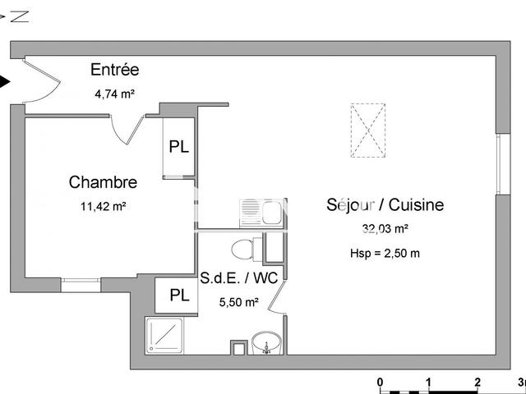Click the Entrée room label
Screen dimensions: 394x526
point(114,71)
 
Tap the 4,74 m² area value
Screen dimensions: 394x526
point(114,94)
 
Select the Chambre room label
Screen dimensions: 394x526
point(103,182)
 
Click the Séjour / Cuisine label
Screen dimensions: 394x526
point(385,205)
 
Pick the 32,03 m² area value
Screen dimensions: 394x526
point(385,230)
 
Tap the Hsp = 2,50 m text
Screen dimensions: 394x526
point(385,253)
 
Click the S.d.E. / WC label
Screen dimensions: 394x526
point(239,278)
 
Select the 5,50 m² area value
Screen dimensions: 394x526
point(239,302)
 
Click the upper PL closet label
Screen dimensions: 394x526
point(178,148)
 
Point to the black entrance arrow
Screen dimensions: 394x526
point(5,82)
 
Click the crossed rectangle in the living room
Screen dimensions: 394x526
point(367,129)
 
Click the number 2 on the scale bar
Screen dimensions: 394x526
point(477,382)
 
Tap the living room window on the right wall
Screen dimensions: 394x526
point(500,163)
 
